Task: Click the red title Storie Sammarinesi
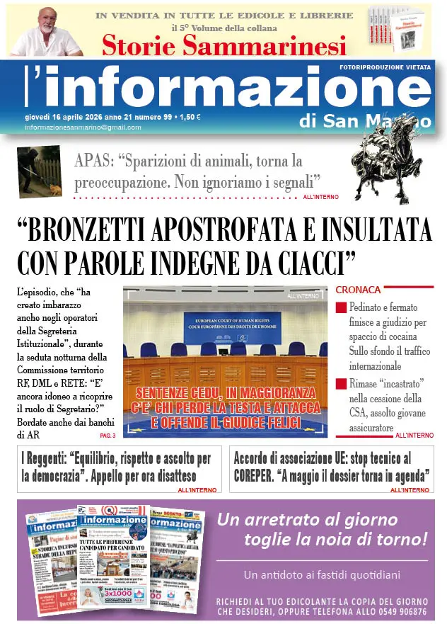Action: [224, 45]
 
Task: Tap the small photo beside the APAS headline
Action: [40, 171]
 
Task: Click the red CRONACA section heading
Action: [358, 290]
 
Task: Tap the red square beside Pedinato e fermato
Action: [341, 308]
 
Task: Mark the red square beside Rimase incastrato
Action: [341, 385]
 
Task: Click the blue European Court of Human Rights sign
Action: [232, 324]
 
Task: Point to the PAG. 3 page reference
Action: [108, 435]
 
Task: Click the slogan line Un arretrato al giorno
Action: [307, 520]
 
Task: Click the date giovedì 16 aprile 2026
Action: [72, 116]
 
